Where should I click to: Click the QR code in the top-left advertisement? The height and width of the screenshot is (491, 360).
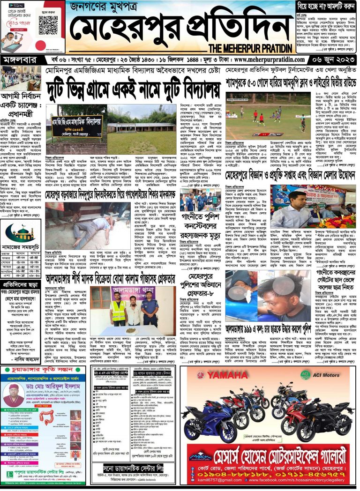(x=48, y=23)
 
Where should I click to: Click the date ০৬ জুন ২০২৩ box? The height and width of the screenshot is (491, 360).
(x=336, y=60)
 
